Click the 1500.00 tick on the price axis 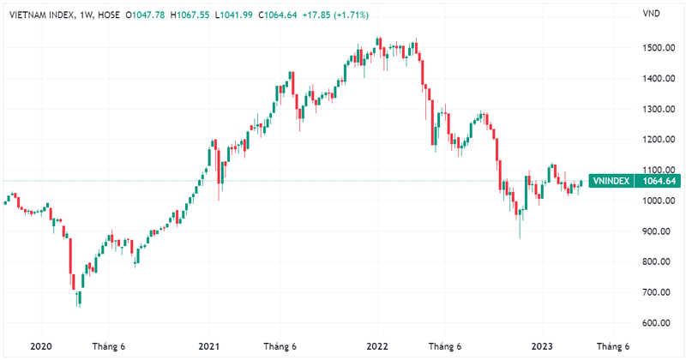660,48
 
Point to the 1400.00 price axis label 660,79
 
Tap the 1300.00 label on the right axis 660,110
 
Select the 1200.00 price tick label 660,140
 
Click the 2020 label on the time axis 41,346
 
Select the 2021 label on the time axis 210,346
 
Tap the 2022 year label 377,346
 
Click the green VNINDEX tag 612,181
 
